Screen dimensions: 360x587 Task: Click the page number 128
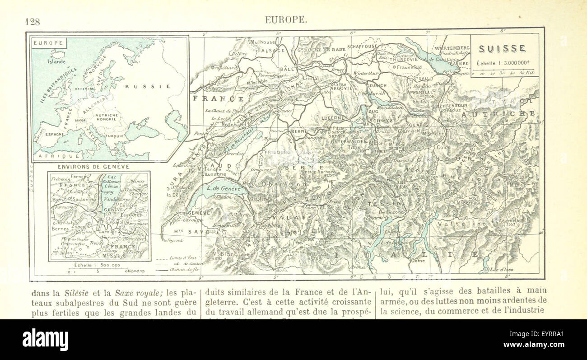point(33,20)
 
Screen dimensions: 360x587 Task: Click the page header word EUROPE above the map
point(286,20)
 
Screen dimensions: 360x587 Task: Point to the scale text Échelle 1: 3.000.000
point(502,63)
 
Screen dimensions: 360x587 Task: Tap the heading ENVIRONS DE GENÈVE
point(93,167)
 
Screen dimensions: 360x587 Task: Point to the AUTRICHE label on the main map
point(498,114)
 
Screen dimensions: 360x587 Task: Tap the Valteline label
point(466,224)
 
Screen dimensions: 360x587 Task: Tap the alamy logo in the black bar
point(45,339)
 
